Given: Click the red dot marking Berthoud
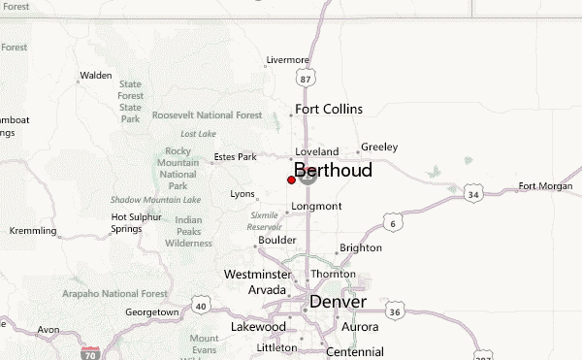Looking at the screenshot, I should [x=292, y=180].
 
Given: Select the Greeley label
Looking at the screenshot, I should [x=379, y=147].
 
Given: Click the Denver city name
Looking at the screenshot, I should [x=338, y=302].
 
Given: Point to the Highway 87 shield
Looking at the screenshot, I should [x=307, y=78].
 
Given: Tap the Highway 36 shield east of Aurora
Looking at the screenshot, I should [x=395, y=311].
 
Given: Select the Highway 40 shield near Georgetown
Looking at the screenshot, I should [x=201, y=306].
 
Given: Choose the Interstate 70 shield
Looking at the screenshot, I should [x=90, y=354].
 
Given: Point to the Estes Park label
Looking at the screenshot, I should [x=235, y=156].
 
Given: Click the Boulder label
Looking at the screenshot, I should [x=276, y=240].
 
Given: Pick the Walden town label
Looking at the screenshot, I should [x=96, y=75].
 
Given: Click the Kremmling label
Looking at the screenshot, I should [x=33, y=231].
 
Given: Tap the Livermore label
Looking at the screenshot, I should [x=287, y=60].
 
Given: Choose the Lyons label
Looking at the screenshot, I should [x=242, y=194].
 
